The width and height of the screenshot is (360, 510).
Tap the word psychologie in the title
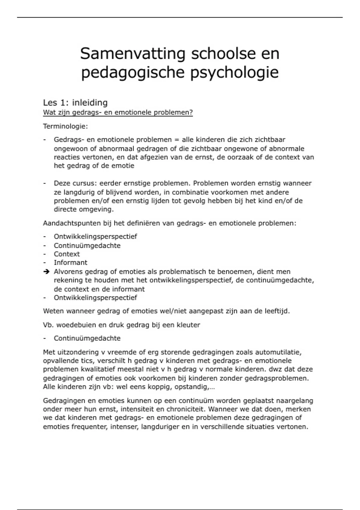click(x=235, y=73)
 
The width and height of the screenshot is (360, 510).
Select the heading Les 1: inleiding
click(x=75, y=103)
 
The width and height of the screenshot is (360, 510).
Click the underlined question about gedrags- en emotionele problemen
click(x=118, y=112)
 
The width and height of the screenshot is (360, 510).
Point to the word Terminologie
click(x=65, y=126)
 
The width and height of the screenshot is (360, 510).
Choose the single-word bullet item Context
click(x=67, y=254)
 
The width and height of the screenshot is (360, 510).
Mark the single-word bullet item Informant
click(x=70, y=262)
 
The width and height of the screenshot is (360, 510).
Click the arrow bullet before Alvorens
click(x=46, y=272)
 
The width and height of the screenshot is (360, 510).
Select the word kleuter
click(x=188, y=325)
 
